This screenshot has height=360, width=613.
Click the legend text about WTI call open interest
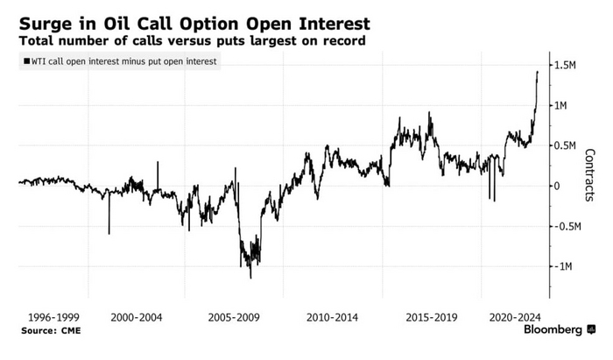click(119, 60)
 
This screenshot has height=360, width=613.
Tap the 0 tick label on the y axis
click(554, 187)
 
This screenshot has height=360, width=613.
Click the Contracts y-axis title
click(591, 175)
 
